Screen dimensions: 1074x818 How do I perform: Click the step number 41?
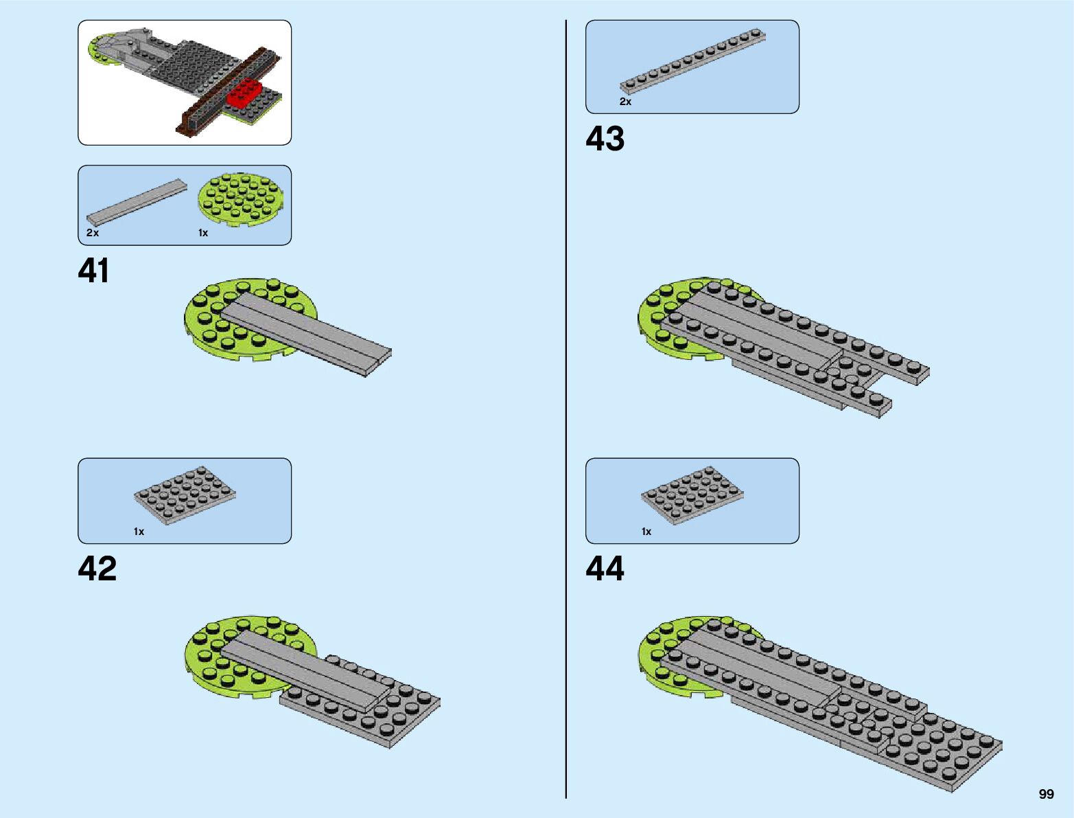tap(93, 271)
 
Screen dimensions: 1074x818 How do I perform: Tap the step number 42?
tap(97, 569)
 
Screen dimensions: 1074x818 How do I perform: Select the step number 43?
tap(605, 139)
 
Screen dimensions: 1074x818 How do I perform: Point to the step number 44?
tap(605, 569)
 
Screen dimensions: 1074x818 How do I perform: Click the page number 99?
tap(1046, 794)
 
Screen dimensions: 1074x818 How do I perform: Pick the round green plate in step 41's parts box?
tap(240, 199)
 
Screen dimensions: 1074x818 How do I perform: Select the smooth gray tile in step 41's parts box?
tap(137, 203)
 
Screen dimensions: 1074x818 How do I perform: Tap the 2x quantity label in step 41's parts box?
tap(93, 233)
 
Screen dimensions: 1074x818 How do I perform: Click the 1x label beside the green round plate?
tap(203, 233)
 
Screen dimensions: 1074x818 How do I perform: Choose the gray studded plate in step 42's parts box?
tap(185, 495)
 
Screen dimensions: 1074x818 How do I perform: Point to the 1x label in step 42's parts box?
tap(139, 532)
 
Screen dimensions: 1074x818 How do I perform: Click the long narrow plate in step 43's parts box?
tap(693, 62)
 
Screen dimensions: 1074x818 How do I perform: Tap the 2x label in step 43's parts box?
tap(625, 102)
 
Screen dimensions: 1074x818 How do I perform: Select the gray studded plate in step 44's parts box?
tap(692, 495)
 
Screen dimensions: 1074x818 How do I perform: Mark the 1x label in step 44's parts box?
tap(646, 532)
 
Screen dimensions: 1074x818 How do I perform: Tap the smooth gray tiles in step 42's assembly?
tap(302, 666)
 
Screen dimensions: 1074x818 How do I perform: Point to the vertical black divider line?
tap(566, 412)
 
